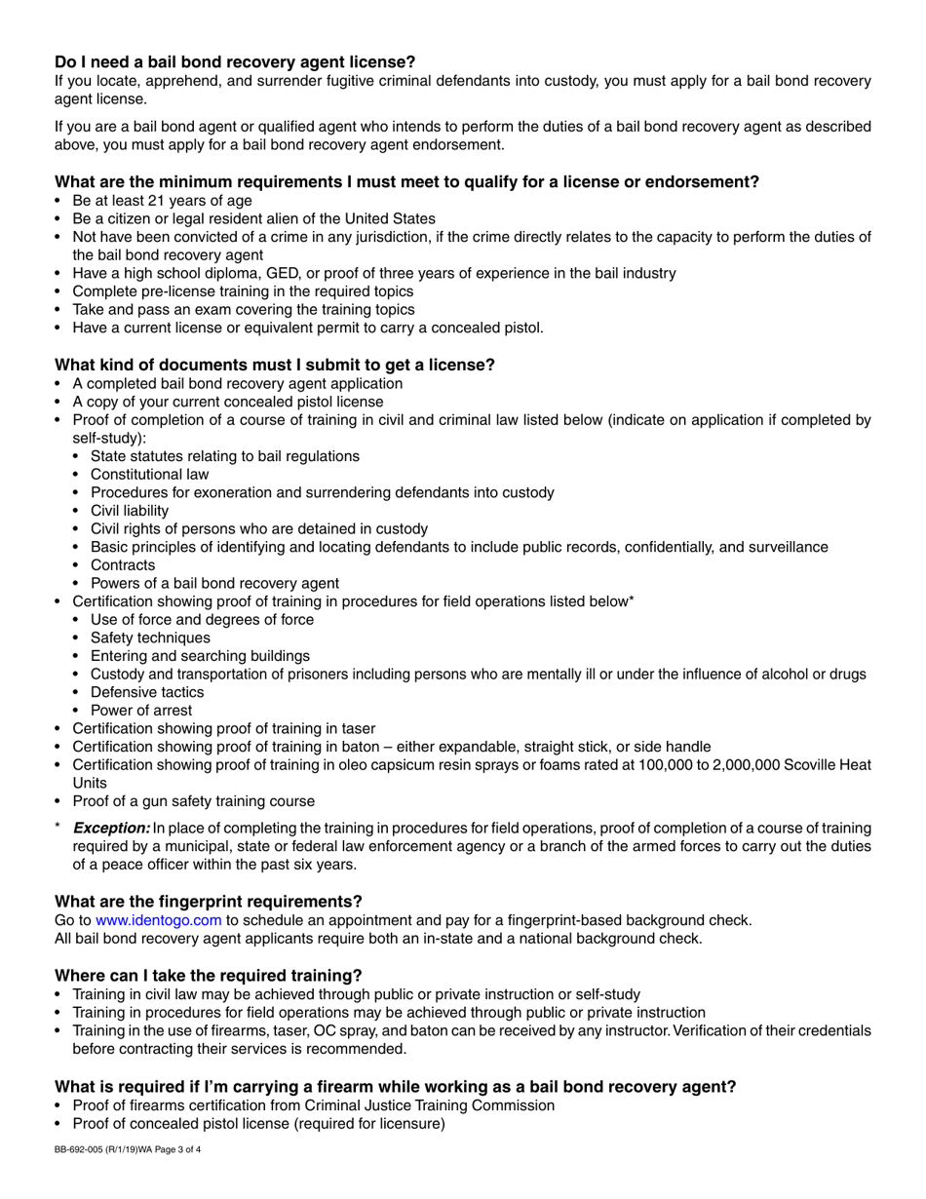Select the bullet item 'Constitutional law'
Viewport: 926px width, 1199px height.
click(x=149, y=474)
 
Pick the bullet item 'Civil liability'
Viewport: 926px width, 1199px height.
click(x=130, y=510)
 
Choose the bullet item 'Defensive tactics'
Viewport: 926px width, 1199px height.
click(x=147, y=692)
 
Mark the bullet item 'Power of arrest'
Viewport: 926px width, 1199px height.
click(x=141, y=710)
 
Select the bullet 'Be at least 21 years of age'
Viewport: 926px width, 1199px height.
click(x=162, y=200)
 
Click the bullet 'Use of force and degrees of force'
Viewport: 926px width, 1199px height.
click(x=202, y=619)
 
